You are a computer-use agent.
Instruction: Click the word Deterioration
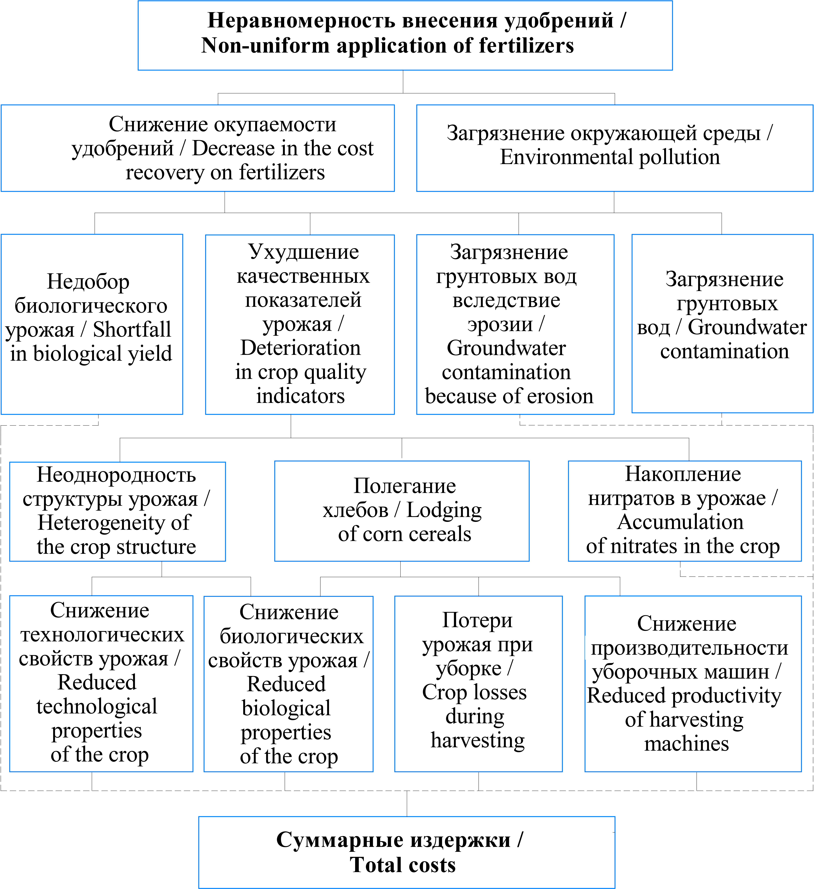coord(300,348)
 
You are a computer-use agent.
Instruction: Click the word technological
coord(97,706)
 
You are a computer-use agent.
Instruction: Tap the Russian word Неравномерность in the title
coord(301,20)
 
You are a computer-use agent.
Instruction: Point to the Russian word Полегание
coord(405,486)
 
